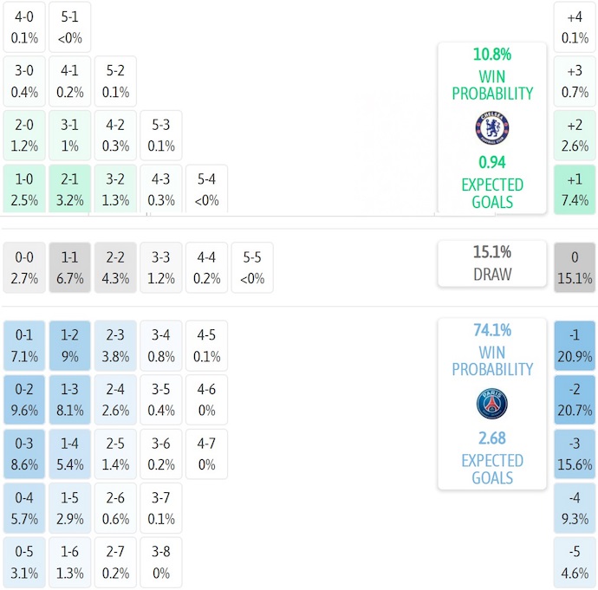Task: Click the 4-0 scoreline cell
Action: click(x=24, y=27)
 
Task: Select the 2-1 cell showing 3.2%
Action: click(x=69, y=189)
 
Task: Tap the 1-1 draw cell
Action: click(x=69, y=268)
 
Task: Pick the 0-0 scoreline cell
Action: click(x=24, y=268)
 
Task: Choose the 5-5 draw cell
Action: click(x=251, y=268)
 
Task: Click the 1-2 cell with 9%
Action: click(x=69, y=346)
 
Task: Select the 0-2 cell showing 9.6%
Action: click(x=24, y=399)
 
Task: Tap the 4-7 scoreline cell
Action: click(x=206, y=454)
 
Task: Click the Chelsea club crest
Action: click(x=491, y=128)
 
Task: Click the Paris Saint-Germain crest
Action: click(x=491, y=405)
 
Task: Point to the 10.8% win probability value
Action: click(x=491, y=55)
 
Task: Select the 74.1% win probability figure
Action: click(x=491, y=330)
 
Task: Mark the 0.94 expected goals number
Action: click(x=491, y=162)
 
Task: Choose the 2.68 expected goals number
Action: click(x=491, y=438)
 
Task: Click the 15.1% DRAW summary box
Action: click(x=491, y=263)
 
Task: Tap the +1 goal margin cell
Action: click(x=575, y=189)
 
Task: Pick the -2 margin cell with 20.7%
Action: click(x=575, y=399)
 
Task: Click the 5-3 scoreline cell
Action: click(x=160, y=135)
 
